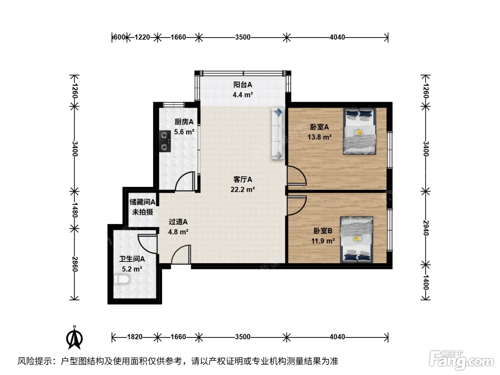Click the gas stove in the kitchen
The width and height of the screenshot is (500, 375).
click(165, 141)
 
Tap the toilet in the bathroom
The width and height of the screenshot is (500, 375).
click(122, 279)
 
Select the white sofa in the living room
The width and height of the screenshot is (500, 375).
click(277, 134)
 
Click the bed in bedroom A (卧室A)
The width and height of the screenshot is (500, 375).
click(359, 131)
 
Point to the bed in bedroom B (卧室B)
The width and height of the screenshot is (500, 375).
click(356, 240)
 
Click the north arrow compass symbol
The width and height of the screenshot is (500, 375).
click(75, 337)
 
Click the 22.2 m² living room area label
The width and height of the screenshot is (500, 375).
click(242, 189)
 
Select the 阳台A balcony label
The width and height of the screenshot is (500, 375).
click(242, 85)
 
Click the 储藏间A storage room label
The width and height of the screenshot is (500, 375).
click(142, 202)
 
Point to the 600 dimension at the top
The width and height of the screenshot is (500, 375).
click(119, 37)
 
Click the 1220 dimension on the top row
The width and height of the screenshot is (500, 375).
click(142, 37)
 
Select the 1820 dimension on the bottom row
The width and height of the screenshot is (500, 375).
click(135, 337)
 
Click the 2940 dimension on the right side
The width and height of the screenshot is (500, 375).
click(426, 228)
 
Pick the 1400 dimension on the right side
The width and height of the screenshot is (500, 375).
click(426, 282)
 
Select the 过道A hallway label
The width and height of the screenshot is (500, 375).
click(178, 221)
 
